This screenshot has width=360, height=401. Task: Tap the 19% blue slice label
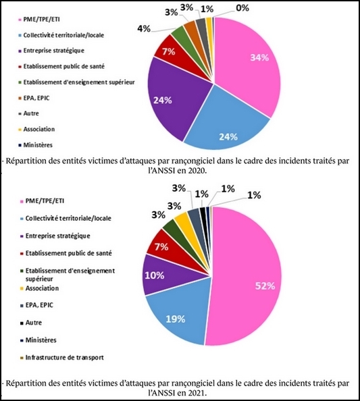coord(176,319)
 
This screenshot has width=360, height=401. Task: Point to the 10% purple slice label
coord(155,275)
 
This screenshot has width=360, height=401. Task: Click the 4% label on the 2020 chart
coord(144,28)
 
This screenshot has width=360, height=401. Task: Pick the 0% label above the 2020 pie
coord(242,8)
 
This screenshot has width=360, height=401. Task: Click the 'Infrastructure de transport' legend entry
coord(64,357)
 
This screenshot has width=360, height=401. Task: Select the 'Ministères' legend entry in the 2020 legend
coord(38,145)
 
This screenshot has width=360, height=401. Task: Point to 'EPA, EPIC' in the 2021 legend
coord(39,305)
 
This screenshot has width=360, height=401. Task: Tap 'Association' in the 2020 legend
coord(39,129)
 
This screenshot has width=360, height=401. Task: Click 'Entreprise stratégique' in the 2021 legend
coord(57,236)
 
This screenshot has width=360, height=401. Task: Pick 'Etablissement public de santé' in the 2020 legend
coord(63,66)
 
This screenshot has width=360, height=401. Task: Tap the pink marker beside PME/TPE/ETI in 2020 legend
coord(20,20)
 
